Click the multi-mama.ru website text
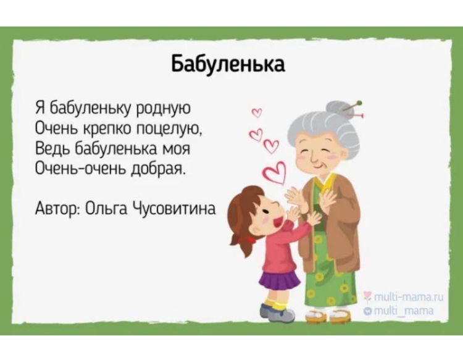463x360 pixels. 405,297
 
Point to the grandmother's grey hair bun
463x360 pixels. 338,109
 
